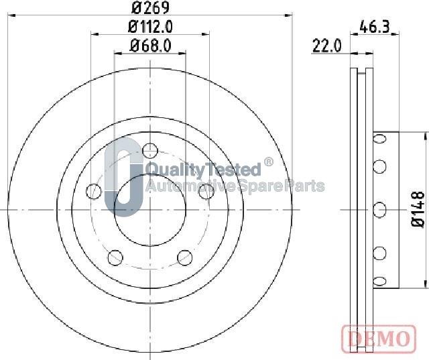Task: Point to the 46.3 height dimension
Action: tap(375, 27)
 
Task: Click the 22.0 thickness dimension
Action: tap(327, 46)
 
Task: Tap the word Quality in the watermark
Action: tap(170, 169)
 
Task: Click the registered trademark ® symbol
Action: tap(268, 162)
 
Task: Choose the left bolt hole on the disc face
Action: tap(94, 192)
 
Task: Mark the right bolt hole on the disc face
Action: tap(206, 192)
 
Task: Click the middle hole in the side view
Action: tap(379, 209)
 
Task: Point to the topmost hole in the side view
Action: tap(379, 139)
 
